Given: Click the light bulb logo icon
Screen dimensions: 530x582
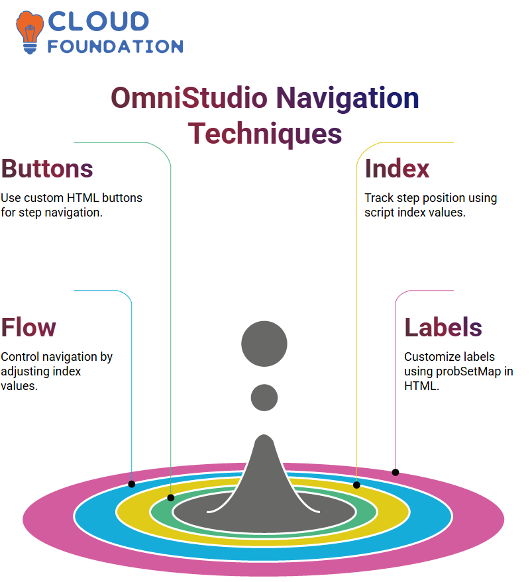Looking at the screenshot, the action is (x=29, y=32).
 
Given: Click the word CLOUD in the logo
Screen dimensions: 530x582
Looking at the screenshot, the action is (x=99, y=22).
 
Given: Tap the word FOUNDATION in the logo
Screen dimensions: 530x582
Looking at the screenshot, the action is (x=115, y=46).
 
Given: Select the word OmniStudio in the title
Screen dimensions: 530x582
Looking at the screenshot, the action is (x=189, y=98).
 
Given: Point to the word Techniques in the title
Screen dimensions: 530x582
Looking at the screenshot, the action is (x=265, y=134).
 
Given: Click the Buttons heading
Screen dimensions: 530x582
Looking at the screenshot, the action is (x=47, y=169).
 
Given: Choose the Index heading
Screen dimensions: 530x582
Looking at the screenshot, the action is (x=397, y=169).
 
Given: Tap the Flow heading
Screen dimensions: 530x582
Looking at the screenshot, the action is (x=28, y=327).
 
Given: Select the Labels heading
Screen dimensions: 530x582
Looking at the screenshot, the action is (x=443, y=327).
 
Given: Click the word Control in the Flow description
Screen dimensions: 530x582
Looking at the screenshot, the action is (x=20, y=357).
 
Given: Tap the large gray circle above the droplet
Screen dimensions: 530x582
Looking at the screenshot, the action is (x=264, y=344).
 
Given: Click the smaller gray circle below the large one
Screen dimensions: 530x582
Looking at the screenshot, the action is (x=264, y=397).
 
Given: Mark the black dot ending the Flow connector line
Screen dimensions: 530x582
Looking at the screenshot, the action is (x=131, y=484).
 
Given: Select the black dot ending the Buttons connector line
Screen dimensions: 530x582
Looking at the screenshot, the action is (x=170, y=498).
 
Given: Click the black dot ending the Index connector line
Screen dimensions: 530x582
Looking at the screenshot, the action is (x=356, y=485).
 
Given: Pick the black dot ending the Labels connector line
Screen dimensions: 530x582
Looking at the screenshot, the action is (x=396, y=472).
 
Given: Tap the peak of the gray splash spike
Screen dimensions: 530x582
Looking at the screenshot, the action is (x=264, y=435).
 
